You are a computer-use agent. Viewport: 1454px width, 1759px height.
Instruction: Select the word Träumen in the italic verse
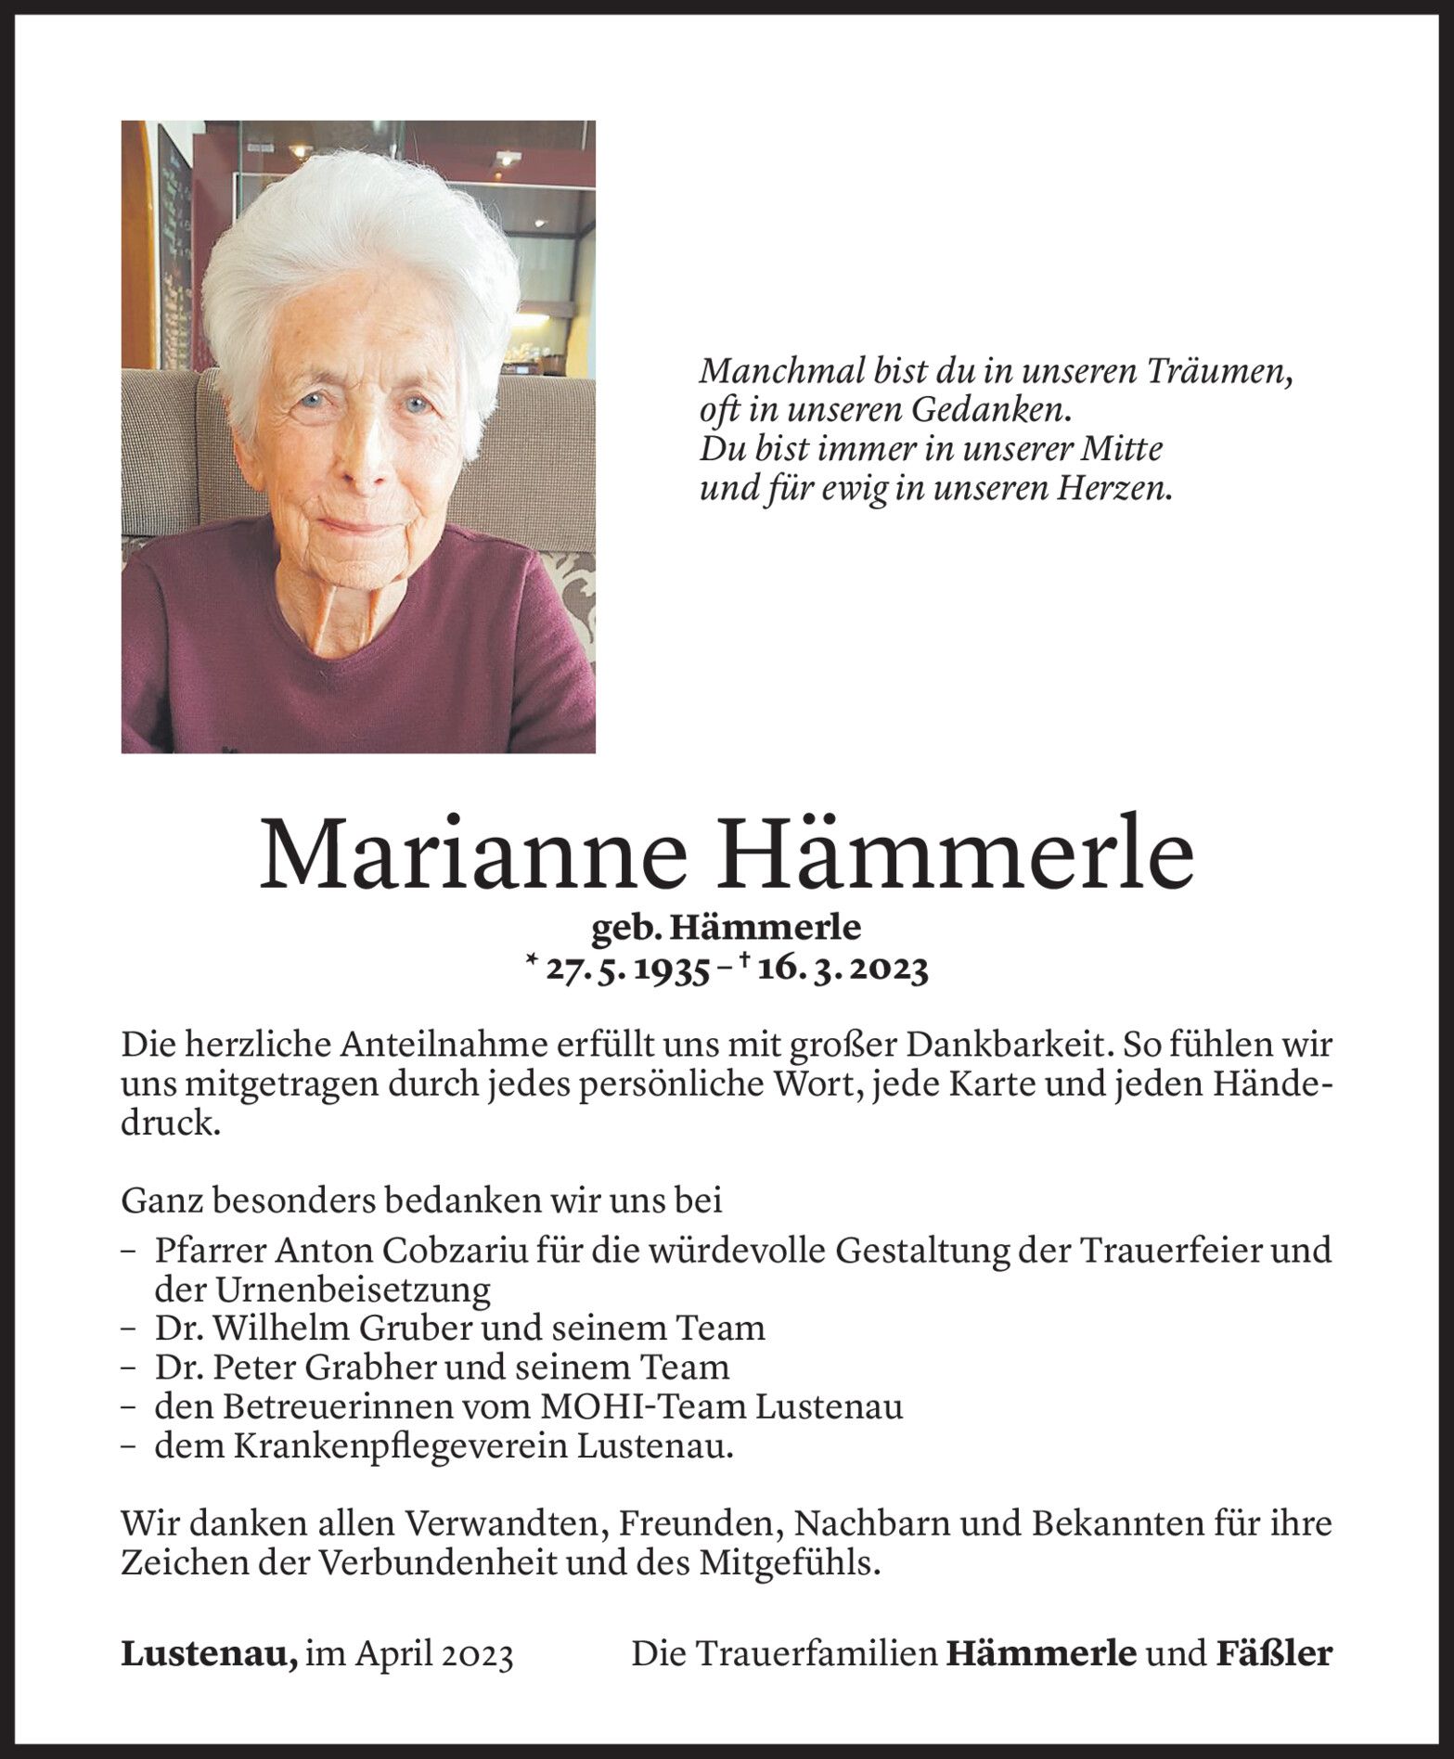click(1206, 372)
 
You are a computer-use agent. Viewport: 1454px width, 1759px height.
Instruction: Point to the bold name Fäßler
click(1272, 1653)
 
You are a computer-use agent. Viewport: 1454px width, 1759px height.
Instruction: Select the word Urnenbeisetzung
click(323, 1290)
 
